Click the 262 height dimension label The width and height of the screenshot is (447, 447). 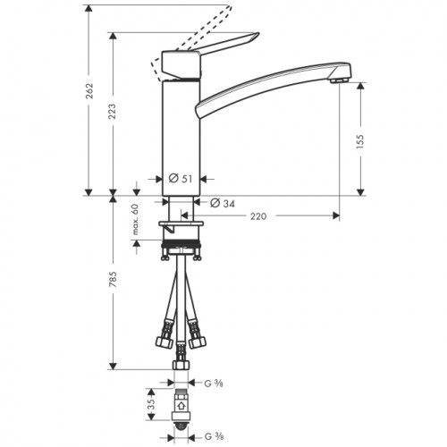tap(89, 91)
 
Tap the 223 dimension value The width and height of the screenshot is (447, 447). tap(112, 112)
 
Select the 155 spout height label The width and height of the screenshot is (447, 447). tap(360, 141)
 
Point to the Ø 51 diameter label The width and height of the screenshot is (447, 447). tap(181, 179)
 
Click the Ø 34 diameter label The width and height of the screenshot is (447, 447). tap(223, 203)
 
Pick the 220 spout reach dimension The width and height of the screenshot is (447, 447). tap(258, 216)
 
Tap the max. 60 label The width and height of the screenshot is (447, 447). tap(136, 219)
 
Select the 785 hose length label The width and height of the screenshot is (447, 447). tap(113, 280)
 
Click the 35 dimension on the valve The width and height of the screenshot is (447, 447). tap(151, 404)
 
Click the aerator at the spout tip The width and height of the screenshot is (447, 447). tap(340, 80)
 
